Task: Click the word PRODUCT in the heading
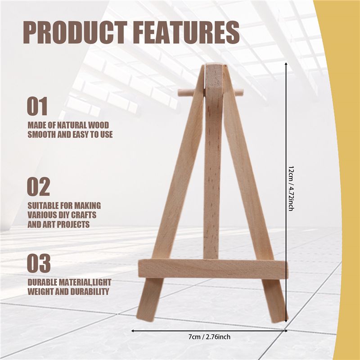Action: (x=75, y=32)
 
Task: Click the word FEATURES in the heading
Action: (x=186, y=32)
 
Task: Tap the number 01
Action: (x=37, y=106)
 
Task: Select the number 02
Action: (x=38, y=186)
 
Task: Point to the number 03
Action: (x=39, y=263)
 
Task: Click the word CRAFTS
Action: (x=84, y=215)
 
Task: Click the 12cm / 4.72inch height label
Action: (x=291, y=189)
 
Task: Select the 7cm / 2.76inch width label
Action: (x=209, y=337)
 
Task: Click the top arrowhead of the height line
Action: (x=286, y=63)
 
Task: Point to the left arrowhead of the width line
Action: (x=133, y=331)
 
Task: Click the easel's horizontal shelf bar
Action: (x=213, y=269)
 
